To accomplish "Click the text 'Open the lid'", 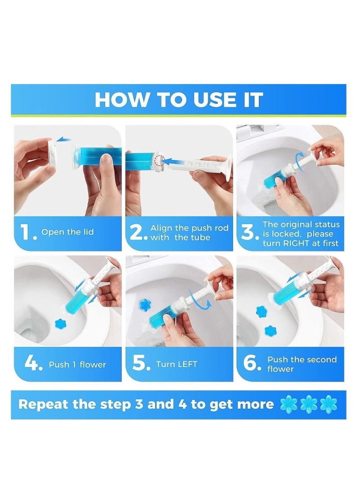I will [x=67, y=232].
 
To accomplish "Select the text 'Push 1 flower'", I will [x=77, y=365].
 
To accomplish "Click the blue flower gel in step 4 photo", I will [x=60, y=323].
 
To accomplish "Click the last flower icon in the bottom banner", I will [x=328, y=404].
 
